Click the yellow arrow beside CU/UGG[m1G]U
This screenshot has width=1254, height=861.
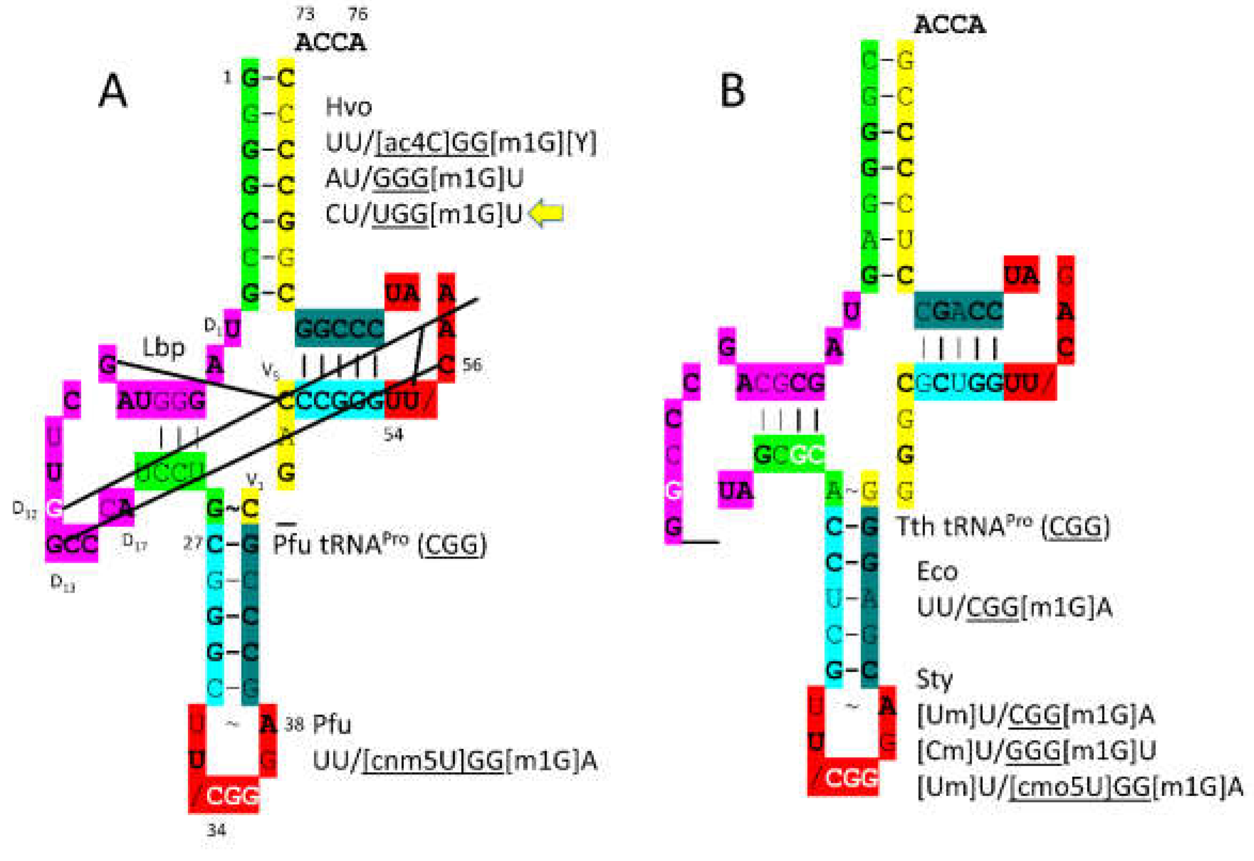point(546,213)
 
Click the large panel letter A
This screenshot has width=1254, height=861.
point(113,91)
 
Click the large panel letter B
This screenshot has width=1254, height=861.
point(732,90)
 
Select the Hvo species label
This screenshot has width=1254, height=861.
point(348,107)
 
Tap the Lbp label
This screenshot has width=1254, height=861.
point(163,348)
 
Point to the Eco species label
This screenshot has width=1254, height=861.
point(937,572)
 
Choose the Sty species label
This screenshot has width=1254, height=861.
point(934,679)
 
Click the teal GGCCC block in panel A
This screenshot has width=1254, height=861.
point(339,328)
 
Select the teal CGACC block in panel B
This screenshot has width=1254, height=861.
point(958,311)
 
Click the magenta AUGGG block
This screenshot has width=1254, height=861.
point(161,400)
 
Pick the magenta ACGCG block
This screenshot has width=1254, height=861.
point(780,383)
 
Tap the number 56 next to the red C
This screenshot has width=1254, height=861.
point(472,365)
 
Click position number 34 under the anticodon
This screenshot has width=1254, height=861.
point(216,829)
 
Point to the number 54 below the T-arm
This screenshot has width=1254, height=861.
point(394,434)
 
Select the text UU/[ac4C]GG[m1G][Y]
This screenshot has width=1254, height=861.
point(461,143)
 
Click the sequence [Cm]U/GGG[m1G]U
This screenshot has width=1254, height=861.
point(1036,750)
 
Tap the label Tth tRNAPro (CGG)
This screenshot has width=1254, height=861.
point(1002,526)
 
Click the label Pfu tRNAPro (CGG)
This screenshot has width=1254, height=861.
point(380,544)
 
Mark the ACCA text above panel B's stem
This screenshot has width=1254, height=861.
point(949,25)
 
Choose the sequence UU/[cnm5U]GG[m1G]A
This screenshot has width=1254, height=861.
point(455,761)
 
